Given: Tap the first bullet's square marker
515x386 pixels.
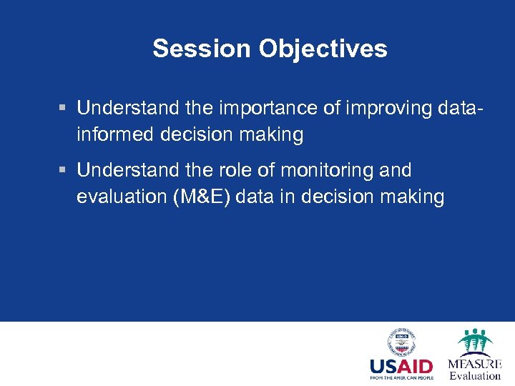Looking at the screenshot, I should pos(63,109).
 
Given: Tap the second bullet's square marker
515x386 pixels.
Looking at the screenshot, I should pos(63,171).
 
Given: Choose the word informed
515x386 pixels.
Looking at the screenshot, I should pos(116,134).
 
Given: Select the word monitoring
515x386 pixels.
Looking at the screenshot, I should pos(329,170).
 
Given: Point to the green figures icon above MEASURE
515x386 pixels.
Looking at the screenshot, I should pos(474,342).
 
